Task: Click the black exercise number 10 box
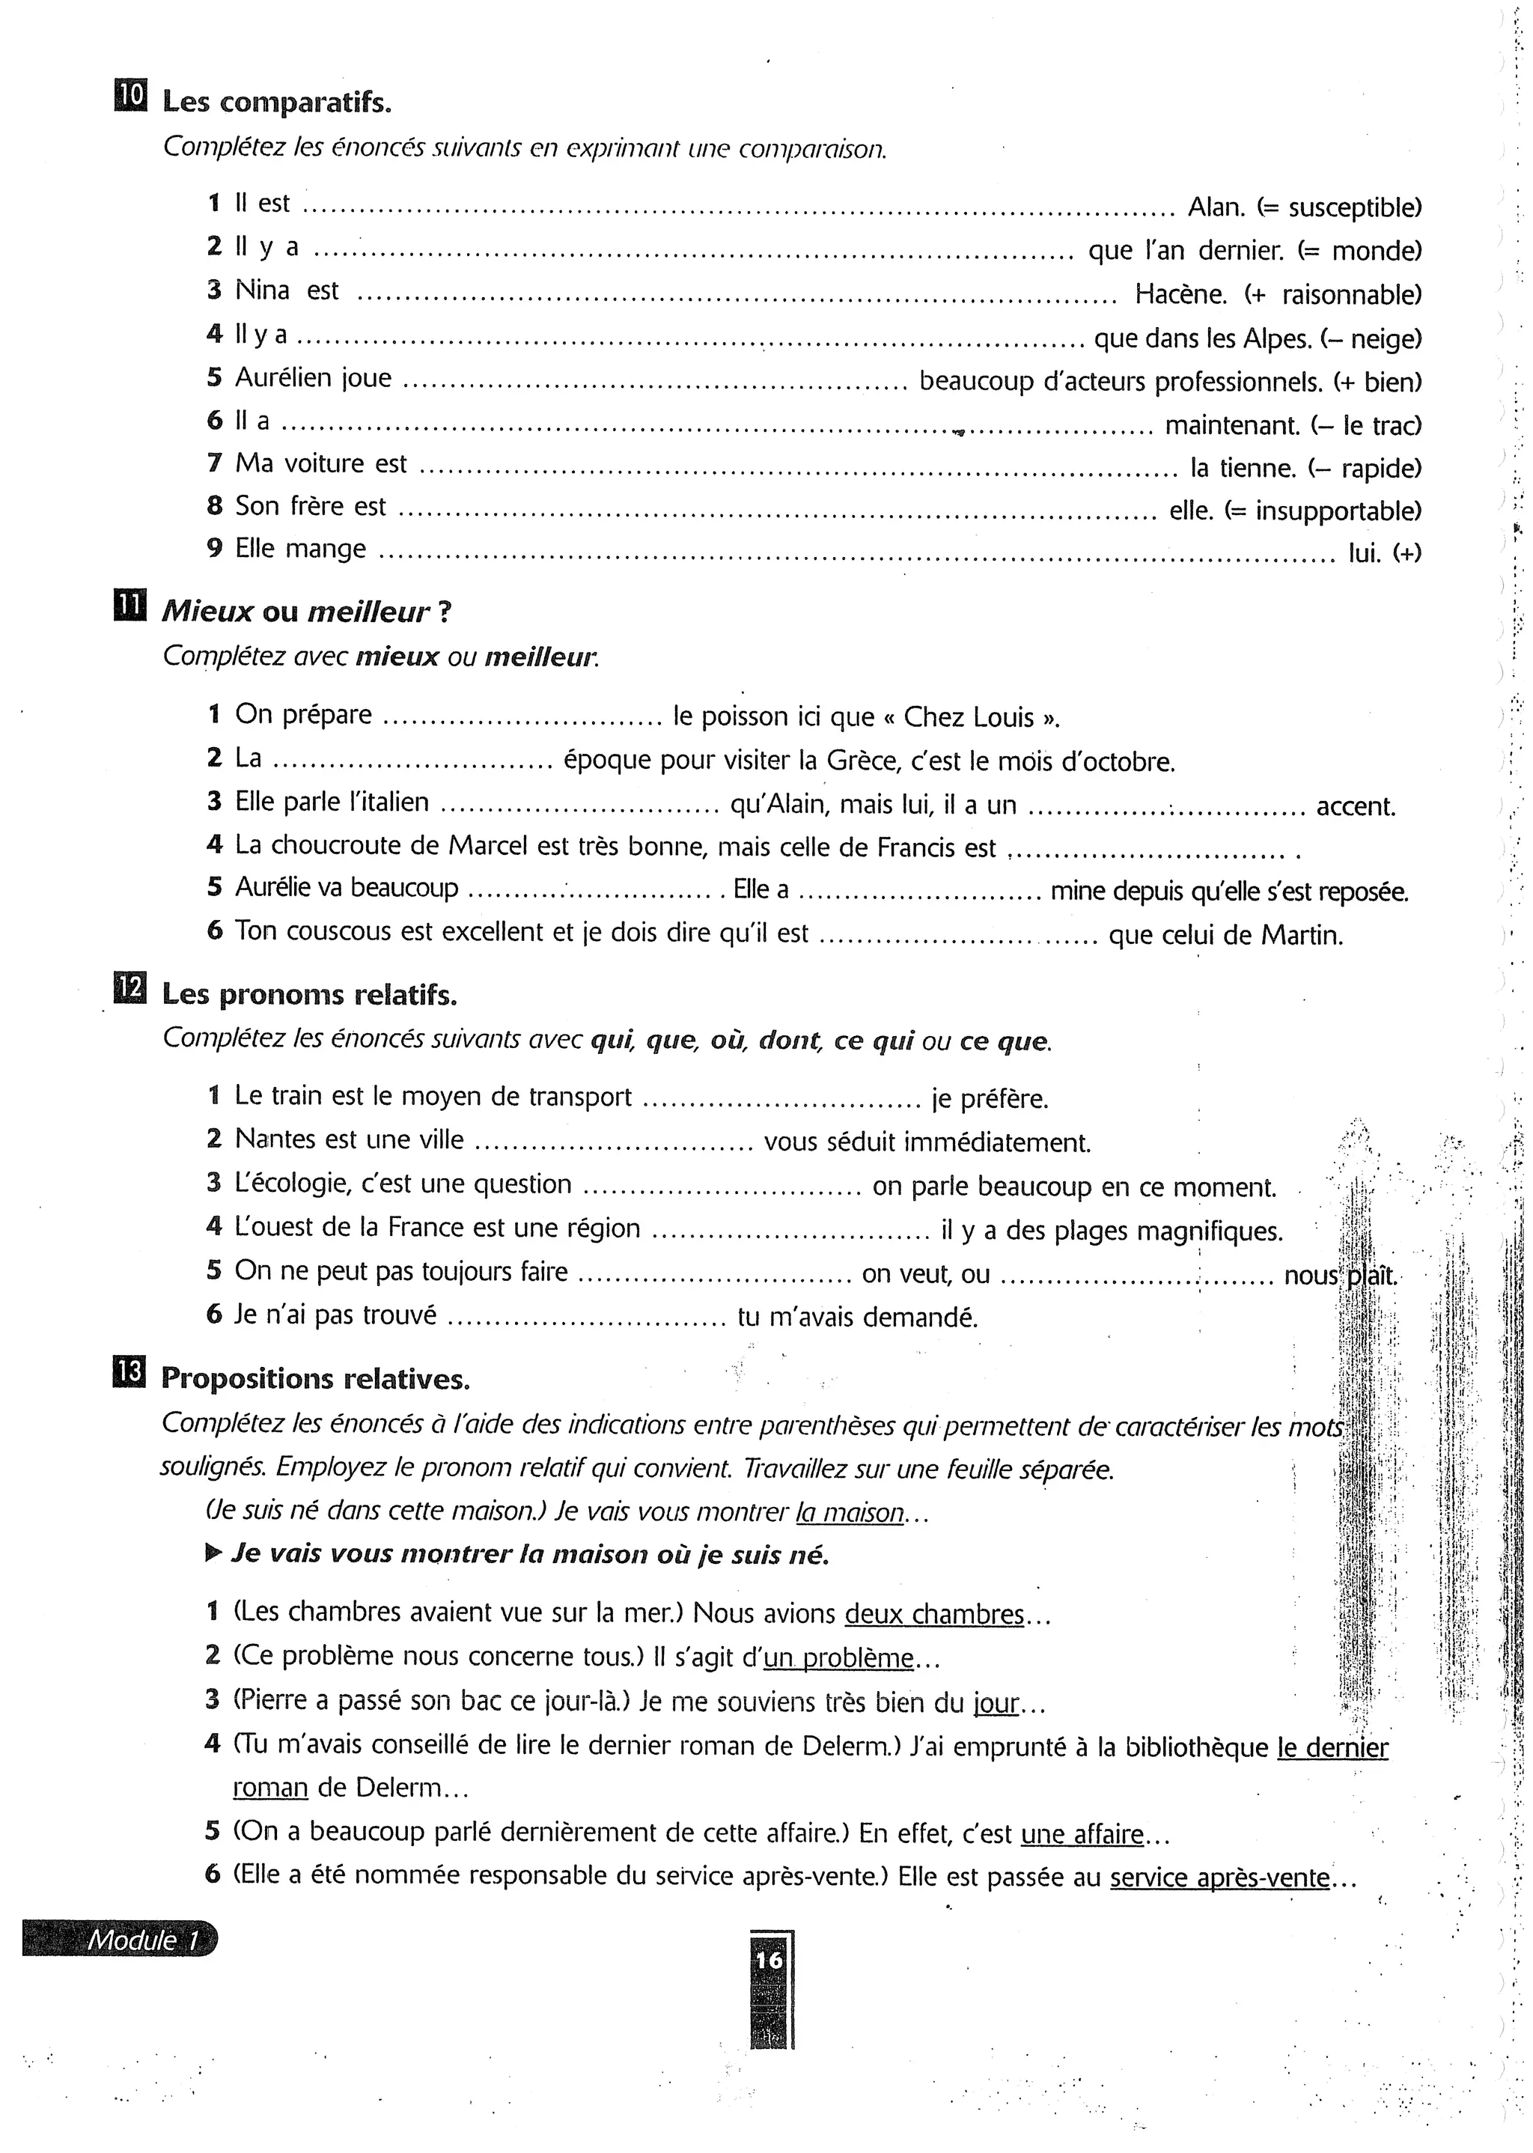[130, 97]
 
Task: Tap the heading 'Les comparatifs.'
[275, 102]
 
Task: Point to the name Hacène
[1180, 294]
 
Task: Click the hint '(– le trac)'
[1366, 426]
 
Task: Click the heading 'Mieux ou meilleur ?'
[306, 612]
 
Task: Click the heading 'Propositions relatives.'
[314, 1379]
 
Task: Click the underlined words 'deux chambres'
[933, 1614]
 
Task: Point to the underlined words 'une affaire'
[1082, 1834]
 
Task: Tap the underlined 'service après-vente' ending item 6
[1219, 1878]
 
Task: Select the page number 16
[769, 1960]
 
